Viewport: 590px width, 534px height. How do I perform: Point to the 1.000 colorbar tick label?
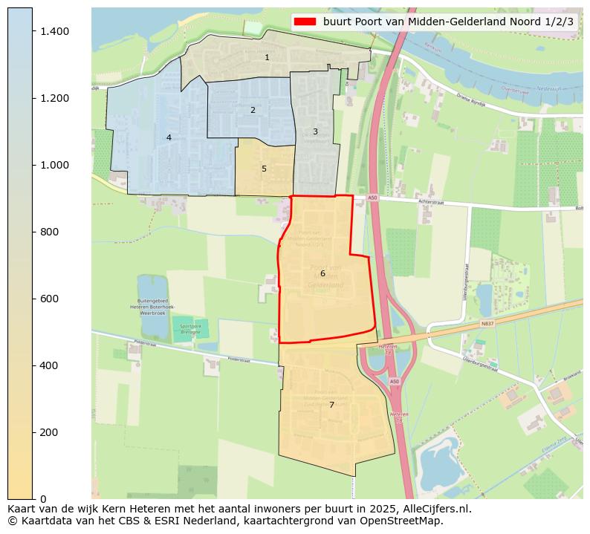(x=55, y=165)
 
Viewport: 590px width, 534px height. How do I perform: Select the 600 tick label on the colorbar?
(x=50, y=299)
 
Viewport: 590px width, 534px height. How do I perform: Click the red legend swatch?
(x=305, y=22)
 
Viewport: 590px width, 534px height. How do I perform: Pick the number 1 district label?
(x=267, y=57)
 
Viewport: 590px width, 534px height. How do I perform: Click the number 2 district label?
(x=253, y=110)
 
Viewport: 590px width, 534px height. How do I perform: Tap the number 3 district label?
(x=315, y=131)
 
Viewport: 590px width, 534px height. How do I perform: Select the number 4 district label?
(x=169, y=137)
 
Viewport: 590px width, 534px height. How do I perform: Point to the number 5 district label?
(x=264, y=169)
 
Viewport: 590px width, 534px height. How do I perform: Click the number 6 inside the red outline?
(x=322, y=273)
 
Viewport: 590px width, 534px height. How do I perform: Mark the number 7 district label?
(x=331, y=405)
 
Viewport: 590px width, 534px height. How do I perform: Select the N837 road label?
(x=487, y=324)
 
